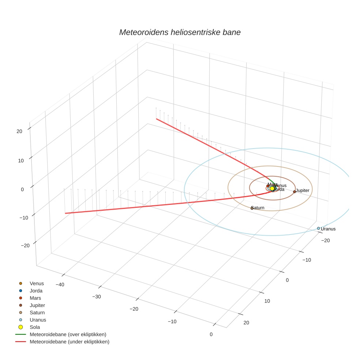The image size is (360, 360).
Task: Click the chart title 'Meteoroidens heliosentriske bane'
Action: [x=180, y=32]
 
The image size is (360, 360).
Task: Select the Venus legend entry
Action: [x=37, y=283]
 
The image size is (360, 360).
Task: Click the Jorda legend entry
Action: [x=36, y=290]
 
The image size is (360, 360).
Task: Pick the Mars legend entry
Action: [x=35, y=298]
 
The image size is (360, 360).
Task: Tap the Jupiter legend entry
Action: [x=37, y=305]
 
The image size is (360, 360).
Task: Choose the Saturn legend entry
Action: [x=37, y=312]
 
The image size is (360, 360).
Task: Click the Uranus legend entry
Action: [x=38, y=320]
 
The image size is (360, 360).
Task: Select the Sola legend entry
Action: [x=35, y=327]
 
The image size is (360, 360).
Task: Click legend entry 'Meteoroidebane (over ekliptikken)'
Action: [x=68, y=334]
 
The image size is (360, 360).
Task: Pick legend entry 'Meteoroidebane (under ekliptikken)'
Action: [x=70, y=342]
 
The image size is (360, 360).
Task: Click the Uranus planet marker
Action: [x=318, y=228]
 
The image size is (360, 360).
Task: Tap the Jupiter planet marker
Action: [x=295, y=191]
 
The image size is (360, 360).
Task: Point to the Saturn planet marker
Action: [x=252, y=208]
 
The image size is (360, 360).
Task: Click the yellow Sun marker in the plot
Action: [x=272, y=189]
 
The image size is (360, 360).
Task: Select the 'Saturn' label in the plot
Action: [x=259, y=208]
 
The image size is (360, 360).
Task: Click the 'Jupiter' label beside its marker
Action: [x=303, y=191]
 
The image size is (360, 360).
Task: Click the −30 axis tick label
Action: [x=96, y=296]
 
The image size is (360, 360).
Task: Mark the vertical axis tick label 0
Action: [x=22, y=189]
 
